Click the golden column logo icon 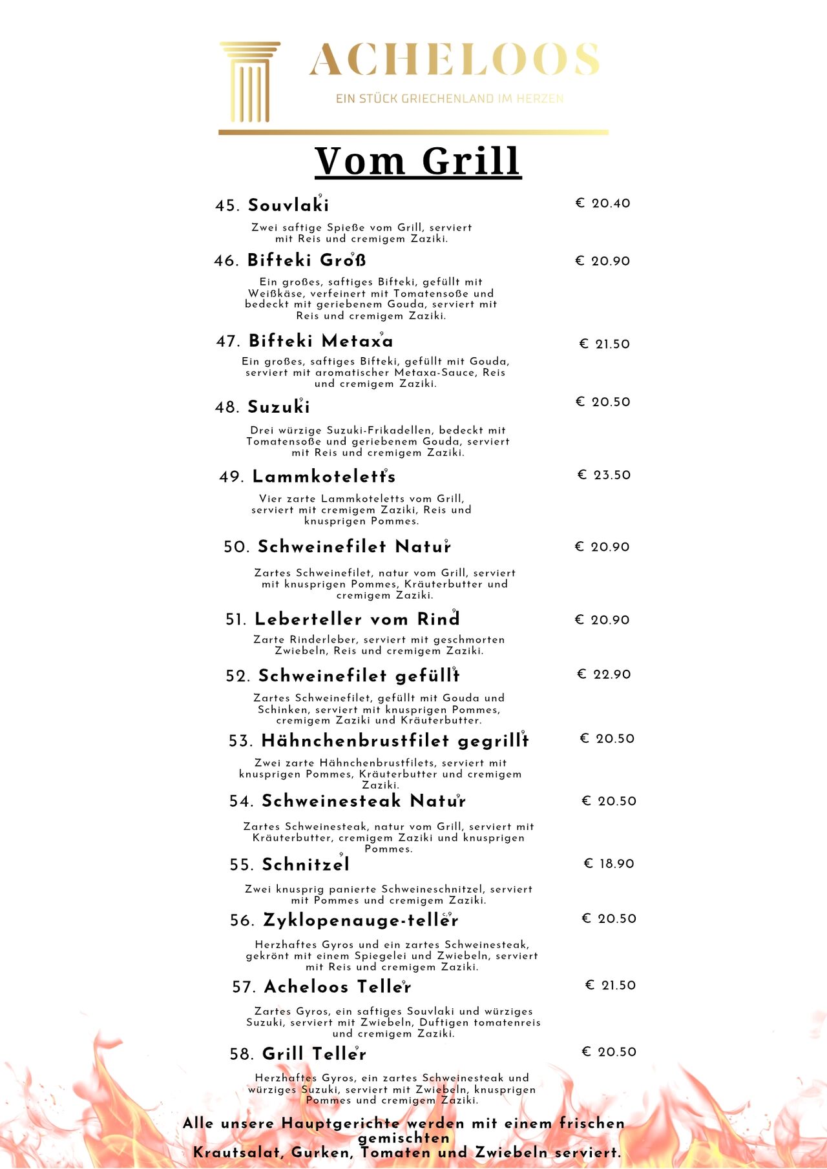(x=249, y=82)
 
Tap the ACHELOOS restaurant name (x=454, y=60)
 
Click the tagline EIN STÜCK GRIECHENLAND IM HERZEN (x=449, y=99)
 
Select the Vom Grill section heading (x=418, y=161)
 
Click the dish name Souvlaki (x=288, y=205)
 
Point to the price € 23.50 (x=603, y=475)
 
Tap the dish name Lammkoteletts (x=324, y=477)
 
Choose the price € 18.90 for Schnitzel (x=609, y=864)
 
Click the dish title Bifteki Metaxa (x=320, y=341)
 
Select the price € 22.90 (x=603, y=674)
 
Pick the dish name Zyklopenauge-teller (x=361, y=920)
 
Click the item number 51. (x=236, y=620)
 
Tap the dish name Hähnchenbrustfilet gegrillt (x=395, y=741)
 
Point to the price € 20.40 (x=603, y=203)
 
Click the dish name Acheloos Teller (x=337, y=987)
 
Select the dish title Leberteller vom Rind (x=357, y=619)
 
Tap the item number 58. (x=242, y=1055)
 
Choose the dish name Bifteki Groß (x=307, y=260)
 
